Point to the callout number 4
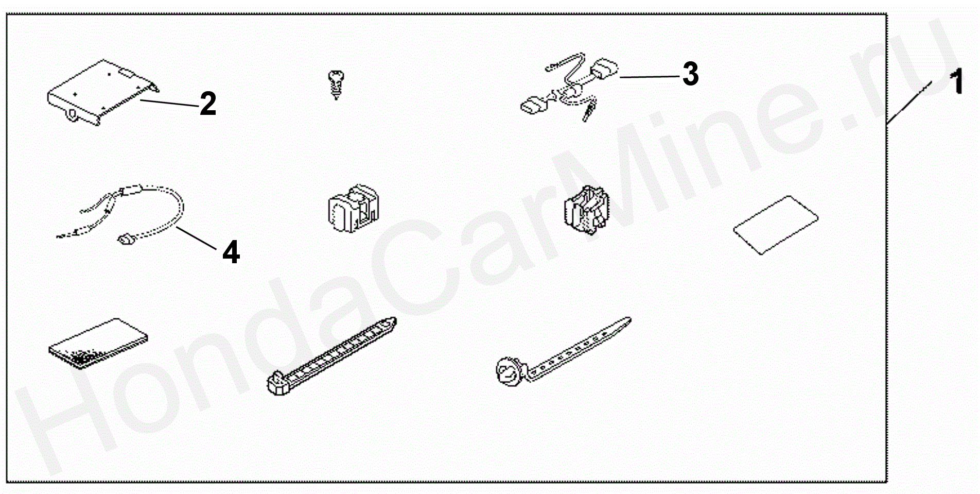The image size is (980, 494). click(231, 252)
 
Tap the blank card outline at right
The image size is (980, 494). click(776, 225)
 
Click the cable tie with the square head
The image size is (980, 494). click(332, 356)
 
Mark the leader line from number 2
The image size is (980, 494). click(169, 104)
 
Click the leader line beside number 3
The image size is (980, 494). click(651, 77)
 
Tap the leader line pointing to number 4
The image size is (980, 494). click(196, 237)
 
